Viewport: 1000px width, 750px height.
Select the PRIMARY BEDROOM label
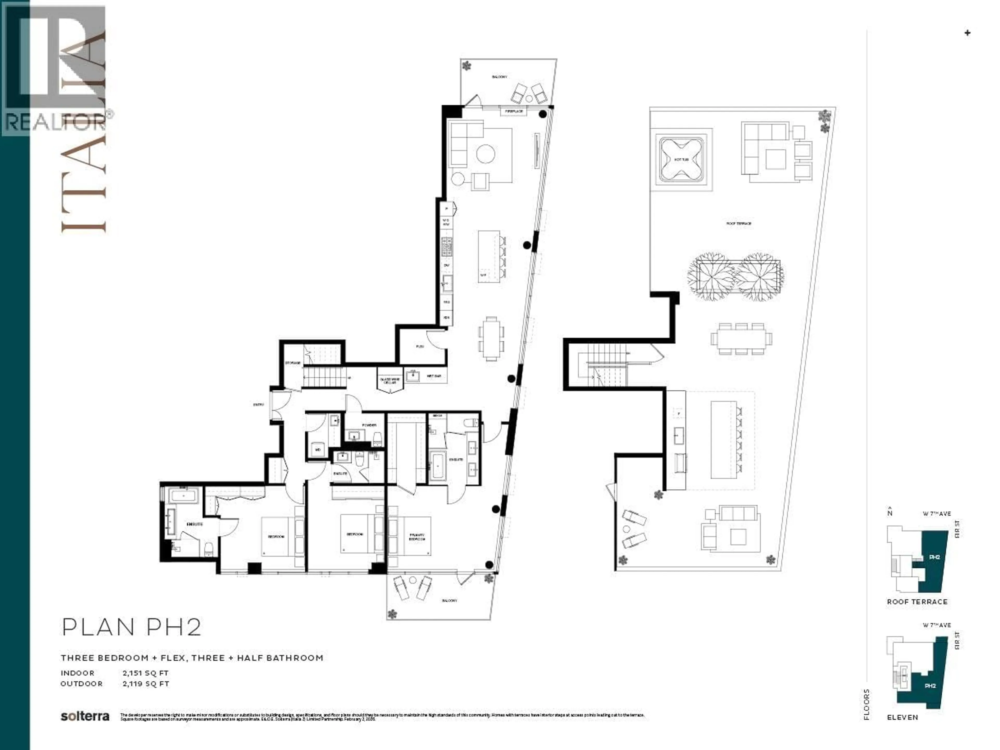(417, 537)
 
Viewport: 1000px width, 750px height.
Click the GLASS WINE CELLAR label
(390, 381)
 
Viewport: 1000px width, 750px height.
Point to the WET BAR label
(434, 376)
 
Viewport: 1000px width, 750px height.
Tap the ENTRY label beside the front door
(259, 405)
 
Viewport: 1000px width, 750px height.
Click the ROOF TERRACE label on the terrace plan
(739, 224)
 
